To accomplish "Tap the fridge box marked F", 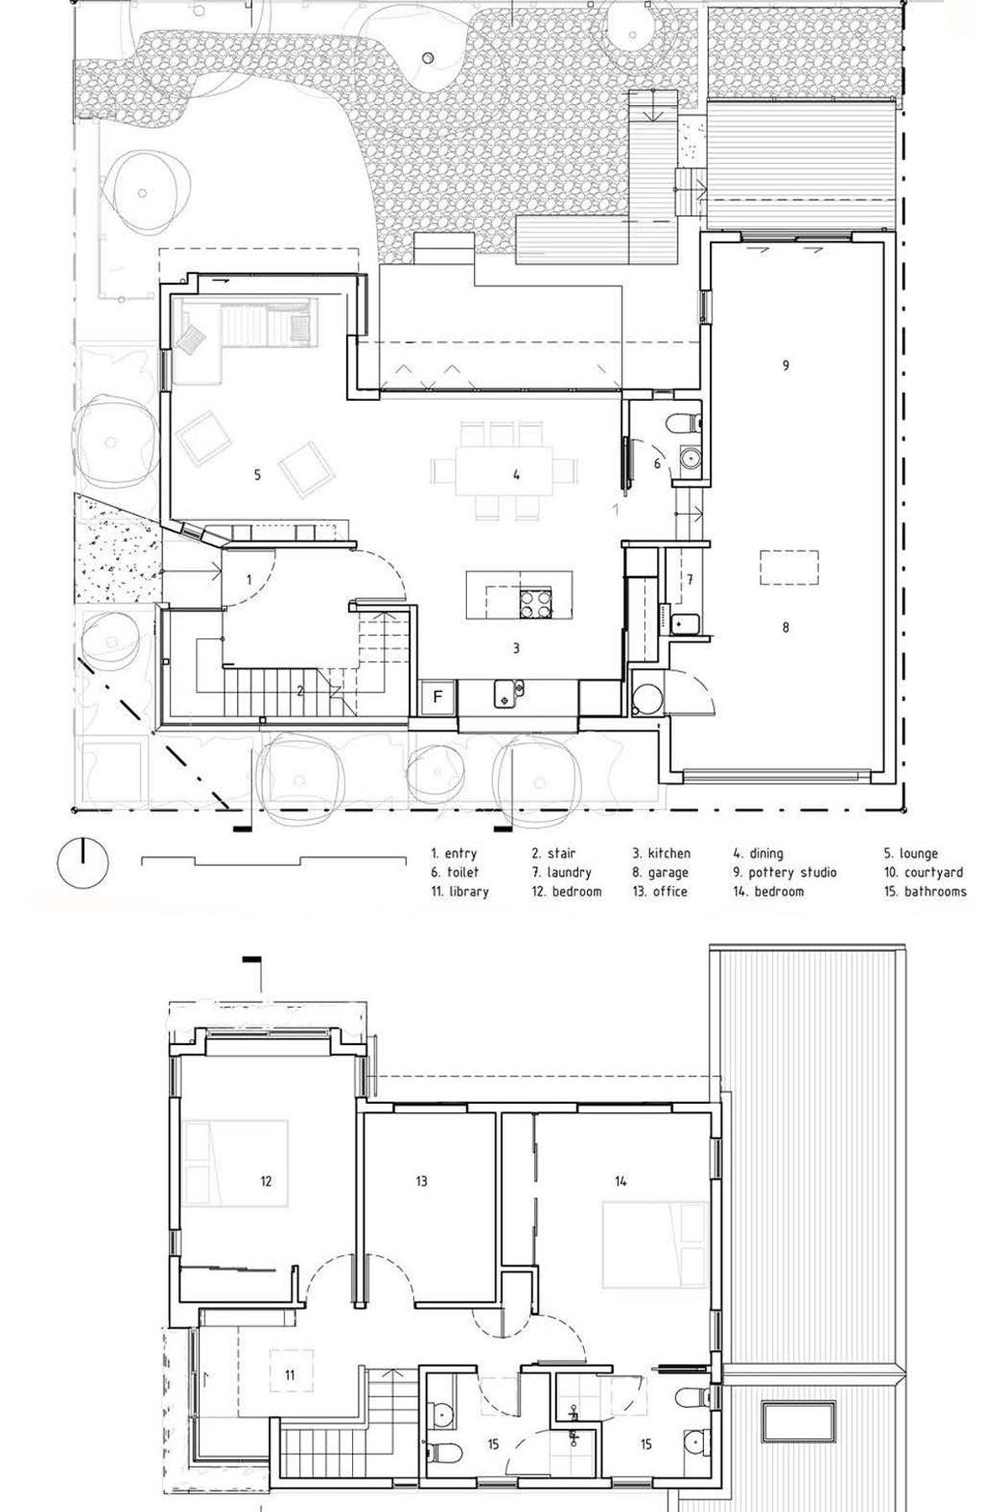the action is point(438,696).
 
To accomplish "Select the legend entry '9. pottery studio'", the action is point(785,873).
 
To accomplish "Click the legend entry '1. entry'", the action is point(454,853).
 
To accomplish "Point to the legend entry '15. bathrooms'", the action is point(925,891).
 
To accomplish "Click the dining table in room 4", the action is point(505,474).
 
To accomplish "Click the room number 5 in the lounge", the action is point(257,475).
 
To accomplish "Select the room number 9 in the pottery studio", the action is point(785,365).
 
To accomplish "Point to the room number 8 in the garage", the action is point(785,627).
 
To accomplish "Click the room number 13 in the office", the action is point(421,1181).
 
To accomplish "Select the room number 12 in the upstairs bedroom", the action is point(265,1182).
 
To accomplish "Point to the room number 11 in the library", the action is point(289,1375).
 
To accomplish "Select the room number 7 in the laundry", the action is point(689,579).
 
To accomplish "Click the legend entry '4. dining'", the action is point(758,853).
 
